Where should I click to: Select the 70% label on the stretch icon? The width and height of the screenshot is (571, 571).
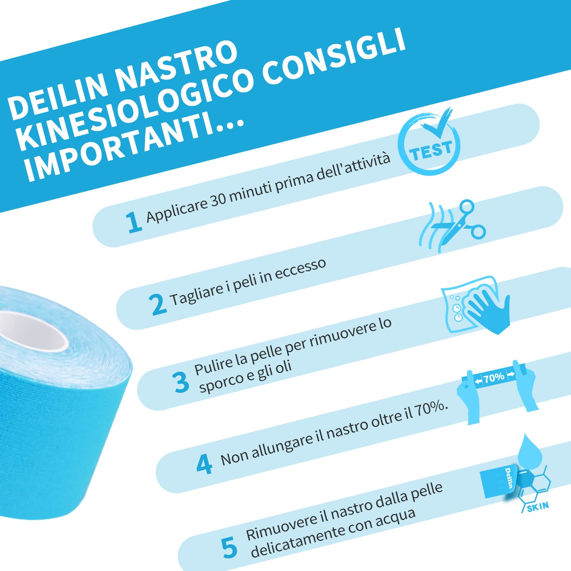(x=494, y=378)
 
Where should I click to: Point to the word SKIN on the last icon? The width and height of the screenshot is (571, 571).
(x=538, y=507)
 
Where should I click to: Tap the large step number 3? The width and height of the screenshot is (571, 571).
(x=180, y=382)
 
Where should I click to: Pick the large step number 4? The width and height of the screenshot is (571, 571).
(x=204, y=464)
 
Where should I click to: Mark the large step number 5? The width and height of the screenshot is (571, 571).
(x=229, y=548)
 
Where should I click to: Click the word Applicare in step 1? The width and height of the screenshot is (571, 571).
(x=177, y=209)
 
